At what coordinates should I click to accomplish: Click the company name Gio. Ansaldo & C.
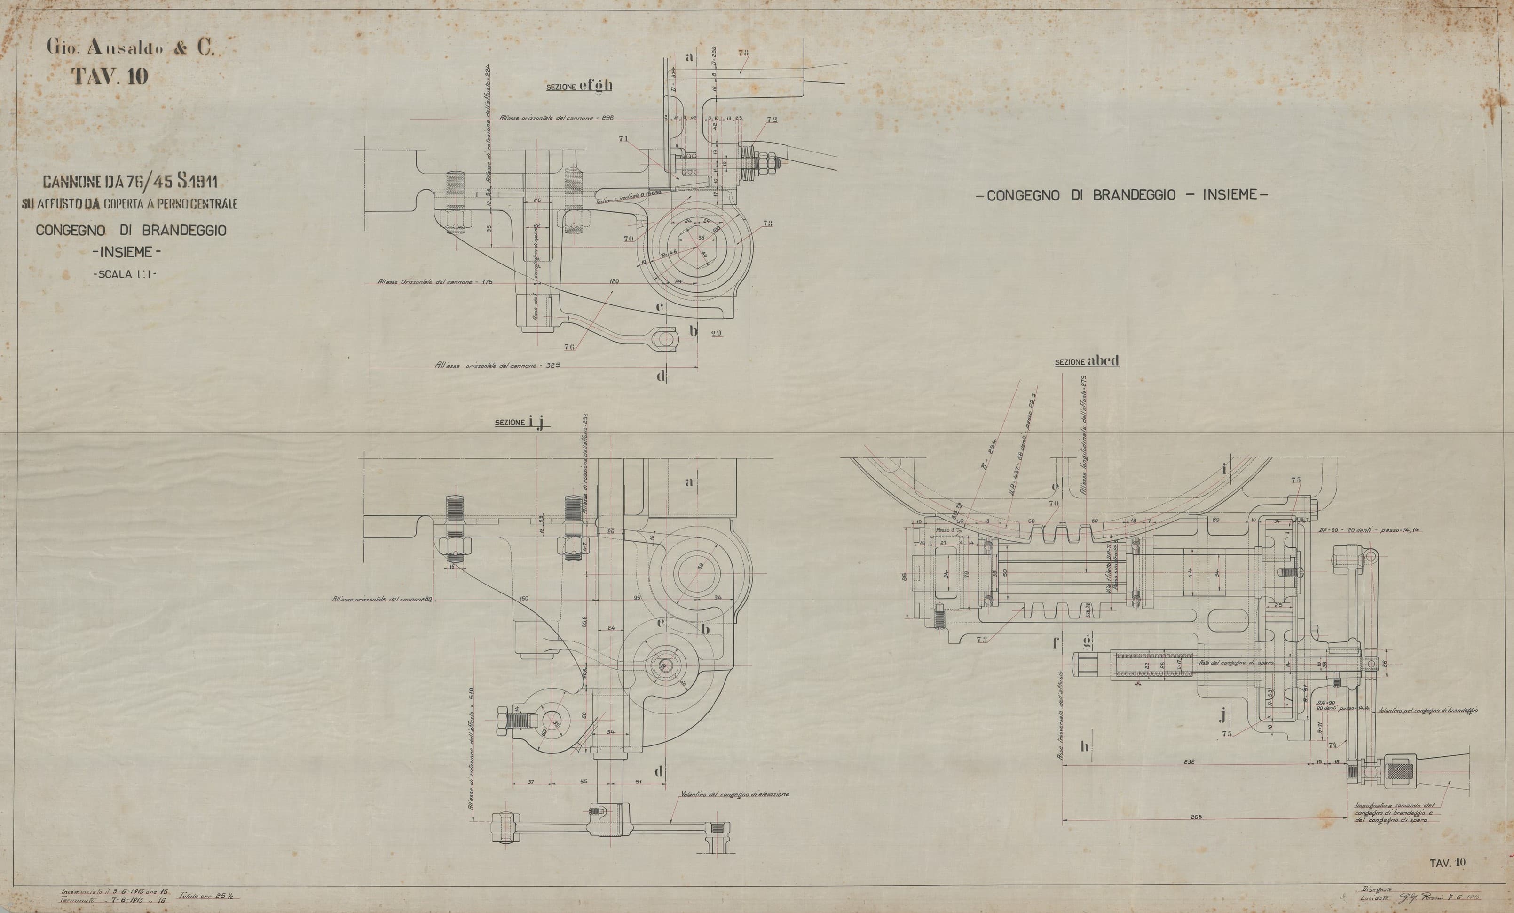[130, 50]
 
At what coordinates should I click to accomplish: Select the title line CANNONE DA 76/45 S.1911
[130, 182]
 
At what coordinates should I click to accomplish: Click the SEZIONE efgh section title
[579, 86]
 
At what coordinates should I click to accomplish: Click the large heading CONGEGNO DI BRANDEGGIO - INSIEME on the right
[1122, 195]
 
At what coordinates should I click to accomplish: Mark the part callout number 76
[569, 347]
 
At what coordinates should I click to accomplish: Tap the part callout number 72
[771, 119]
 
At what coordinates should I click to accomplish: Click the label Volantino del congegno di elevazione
[734, 794]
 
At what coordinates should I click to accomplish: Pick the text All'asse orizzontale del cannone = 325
[498, 365]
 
